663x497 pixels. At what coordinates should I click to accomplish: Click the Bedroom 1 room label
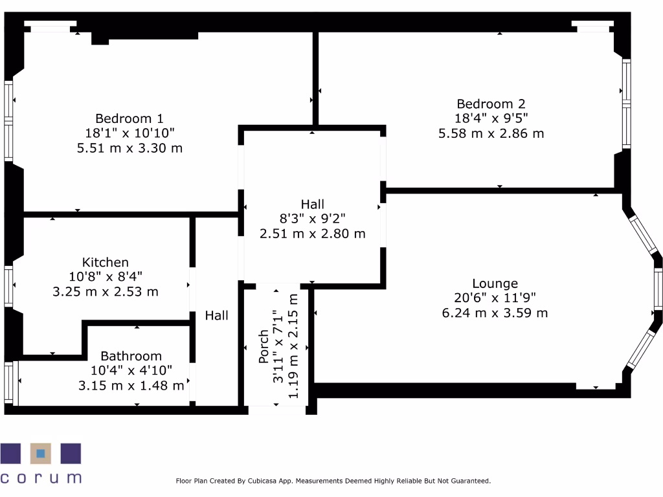(x=129, y=118)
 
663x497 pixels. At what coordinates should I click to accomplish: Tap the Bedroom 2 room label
(x=491, y=104)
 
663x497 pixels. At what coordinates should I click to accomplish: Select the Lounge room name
(x=495, y=283)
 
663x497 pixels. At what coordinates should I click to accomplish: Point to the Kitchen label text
(x=105, y=262)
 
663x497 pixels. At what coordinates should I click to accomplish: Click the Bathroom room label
(x=131, y=356)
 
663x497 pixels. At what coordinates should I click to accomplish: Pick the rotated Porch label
(x=264, y=347)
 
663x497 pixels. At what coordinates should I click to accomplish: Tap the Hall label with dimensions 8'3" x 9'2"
(x=312, y=204)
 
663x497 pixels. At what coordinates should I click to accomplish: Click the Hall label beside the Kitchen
(x=217, y=316)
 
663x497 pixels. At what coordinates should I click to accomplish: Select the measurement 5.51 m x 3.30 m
(x=129, y=148)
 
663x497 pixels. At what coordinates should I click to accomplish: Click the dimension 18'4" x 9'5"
(x=491, y=118)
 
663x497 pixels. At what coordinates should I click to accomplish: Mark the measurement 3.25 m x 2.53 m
(x=105, y=292)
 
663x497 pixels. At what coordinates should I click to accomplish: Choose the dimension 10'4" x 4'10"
(x=131, y=371)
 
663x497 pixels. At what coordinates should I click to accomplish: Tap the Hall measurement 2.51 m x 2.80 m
(x=312, y=234)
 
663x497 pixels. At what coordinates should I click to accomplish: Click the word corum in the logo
(x=41, y=479)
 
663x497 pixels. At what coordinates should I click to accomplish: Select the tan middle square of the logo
(x=41, y=454)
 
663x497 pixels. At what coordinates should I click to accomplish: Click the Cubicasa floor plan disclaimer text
(x=333, y=481)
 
